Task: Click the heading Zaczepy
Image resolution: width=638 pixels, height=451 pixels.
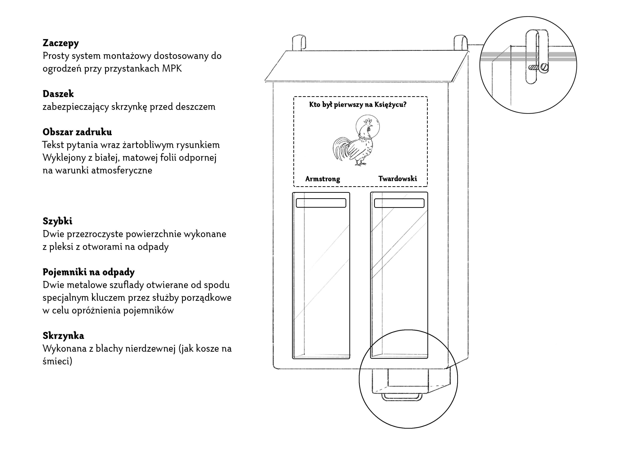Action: [61, 43]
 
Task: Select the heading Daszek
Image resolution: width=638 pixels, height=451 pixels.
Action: [58, 94]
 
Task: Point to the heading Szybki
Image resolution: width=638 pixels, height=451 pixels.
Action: [57, 221]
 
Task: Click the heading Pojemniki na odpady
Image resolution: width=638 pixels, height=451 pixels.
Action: [89, 272]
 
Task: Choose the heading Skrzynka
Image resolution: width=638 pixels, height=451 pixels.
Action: [63, 336]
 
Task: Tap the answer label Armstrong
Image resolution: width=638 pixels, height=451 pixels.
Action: [323, 179]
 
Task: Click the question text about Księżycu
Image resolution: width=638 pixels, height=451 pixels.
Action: [358, 105]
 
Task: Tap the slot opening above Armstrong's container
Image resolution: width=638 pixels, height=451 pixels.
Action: [321, 203]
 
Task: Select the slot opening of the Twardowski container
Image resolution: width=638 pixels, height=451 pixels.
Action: [399, 203]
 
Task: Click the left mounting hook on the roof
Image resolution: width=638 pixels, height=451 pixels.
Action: [299, 43]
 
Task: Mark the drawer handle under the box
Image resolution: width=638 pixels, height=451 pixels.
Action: [402, 397]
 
